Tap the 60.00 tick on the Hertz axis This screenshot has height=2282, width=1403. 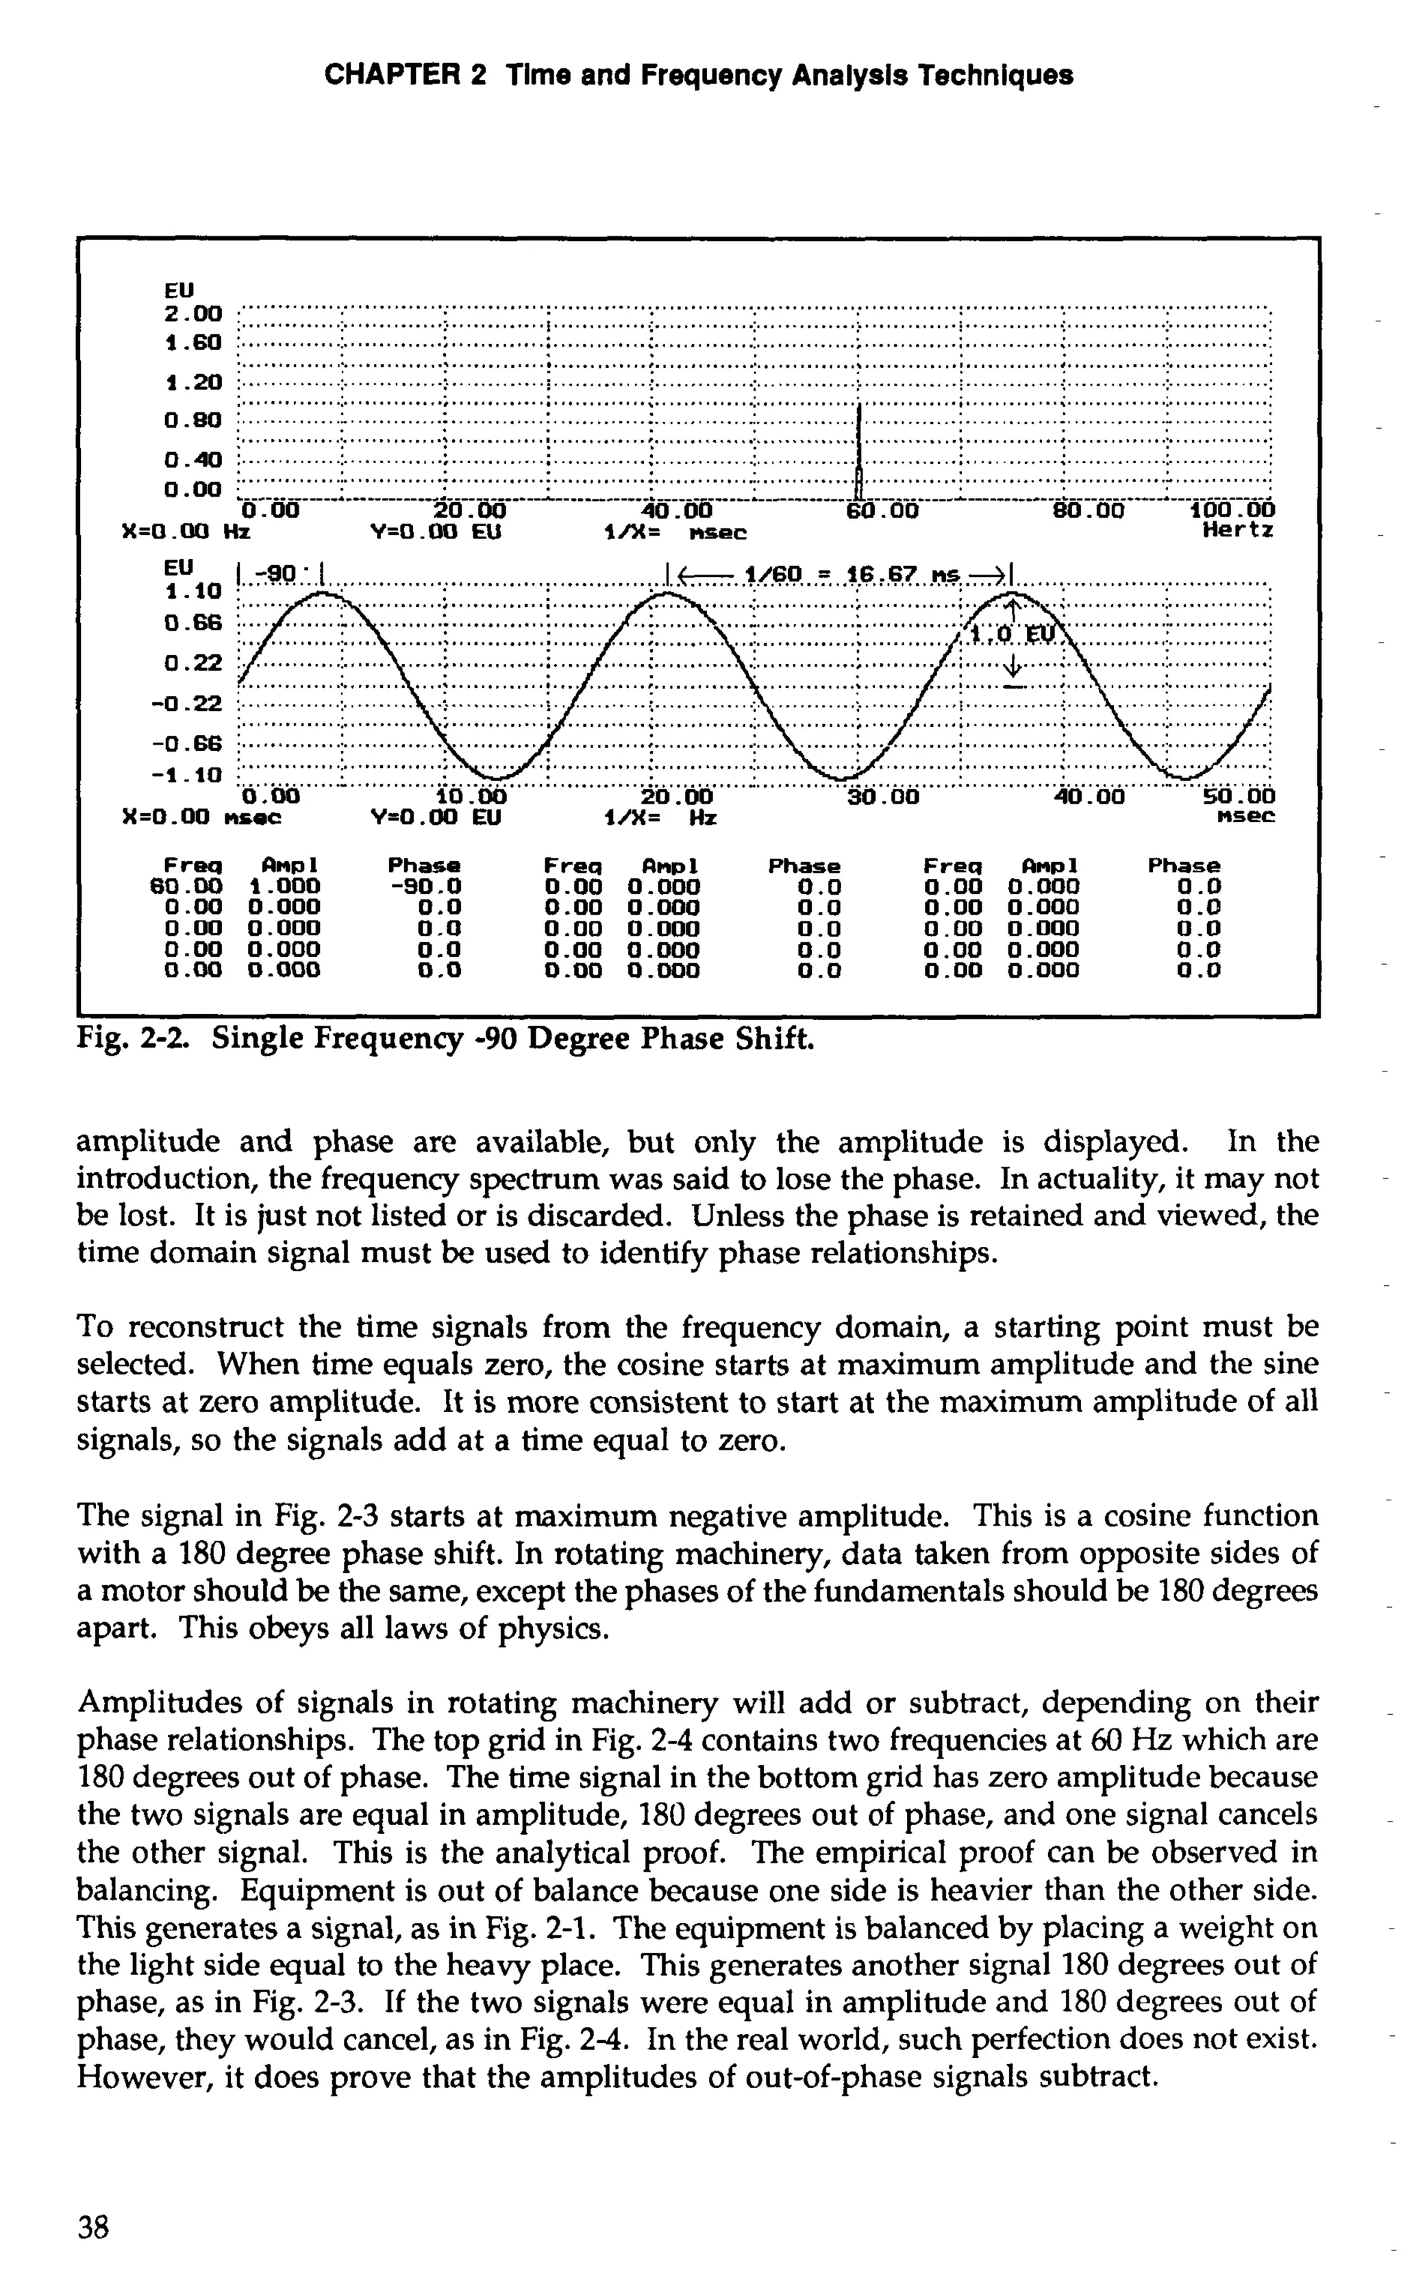coord(882,510)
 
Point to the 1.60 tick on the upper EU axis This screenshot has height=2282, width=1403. coord(193,343)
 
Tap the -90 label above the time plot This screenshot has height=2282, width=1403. coord(278,576)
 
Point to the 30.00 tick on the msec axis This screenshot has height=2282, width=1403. coord(882,797)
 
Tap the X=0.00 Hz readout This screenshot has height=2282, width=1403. coord(186,534)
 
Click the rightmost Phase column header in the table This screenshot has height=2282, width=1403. coord(1183,865)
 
